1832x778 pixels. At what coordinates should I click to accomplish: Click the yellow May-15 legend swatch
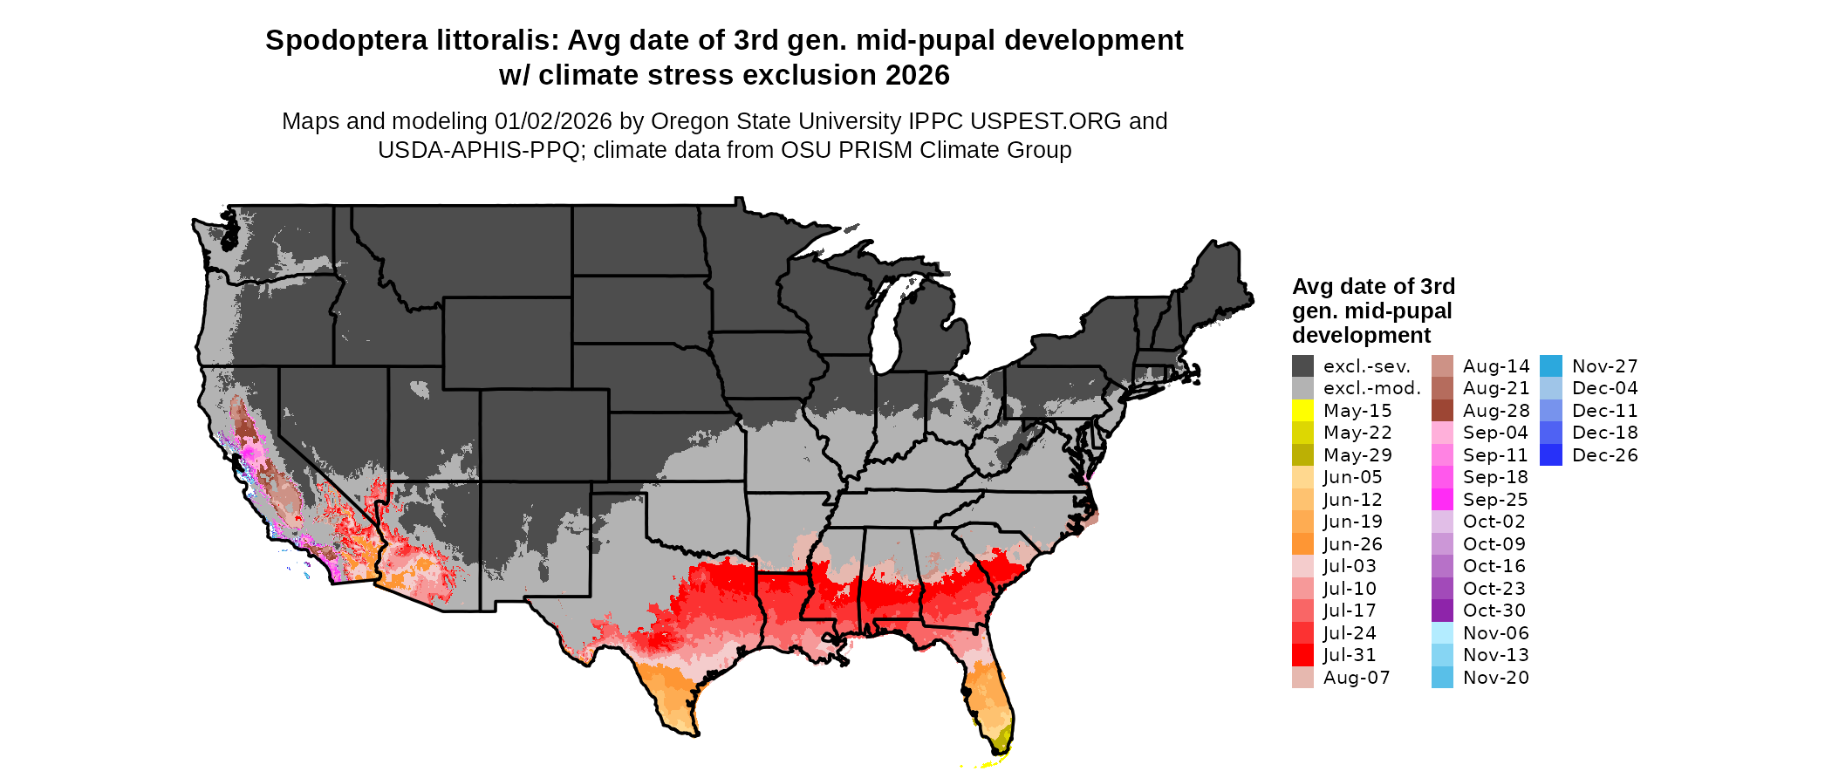click(1302, 411)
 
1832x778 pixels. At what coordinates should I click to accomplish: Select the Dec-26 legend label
click(1604, 455)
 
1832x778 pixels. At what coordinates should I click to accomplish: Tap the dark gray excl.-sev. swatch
click(1302, 366)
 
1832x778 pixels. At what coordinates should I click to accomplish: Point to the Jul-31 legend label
click(1349, 655)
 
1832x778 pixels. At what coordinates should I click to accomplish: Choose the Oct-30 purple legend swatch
click(1442, 611)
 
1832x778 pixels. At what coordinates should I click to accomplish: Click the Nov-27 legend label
click(1604, 366)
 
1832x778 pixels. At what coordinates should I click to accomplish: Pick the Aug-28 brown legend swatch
click(1442, 411)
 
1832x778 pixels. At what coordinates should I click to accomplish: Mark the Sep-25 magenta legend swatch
click(1442, 500)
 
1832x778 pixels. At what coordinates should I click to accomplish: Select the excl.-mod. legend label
click(1371, 388)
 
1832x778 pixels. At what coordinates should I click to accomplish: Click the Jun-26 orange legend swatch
click(1302, 544)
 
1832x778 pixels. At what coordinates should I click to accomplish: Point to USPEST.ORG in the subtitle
click(1045, 121)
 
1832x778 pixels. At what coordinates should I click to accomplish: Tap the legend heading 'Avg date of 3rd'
click(1373, 287)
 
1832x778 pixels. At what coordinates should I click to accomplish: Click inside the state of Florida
click(993, 689)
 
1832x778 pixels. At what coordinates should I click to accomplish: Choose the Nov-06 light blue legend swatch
click(1442, 633)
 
